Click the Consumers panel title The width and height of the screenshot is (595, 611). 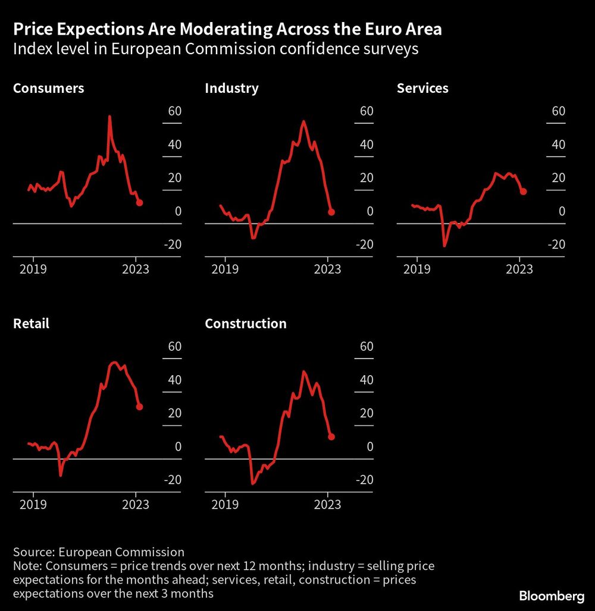pyautogui.click(x=49, y=89)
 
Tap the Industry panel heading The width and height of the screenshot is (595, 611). pyautogui.click(x=231, y=89)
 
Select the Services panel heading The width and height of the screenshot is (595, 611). pyautogui.click(x=422, y=89)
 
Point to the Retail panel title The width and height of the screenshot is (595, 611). pyautogui.click(x=31, y=324)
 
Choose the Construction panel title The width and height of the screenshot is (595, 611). pyautogui.click(x=246, y=324)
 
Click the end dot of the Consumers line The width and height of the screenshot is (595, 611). pyautogui.click(x=139, y=202)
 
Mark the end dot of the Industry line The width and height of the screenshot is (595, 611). pyautogui.click(x=331, y=212)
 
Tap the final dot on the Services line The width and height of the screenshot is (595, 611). pyautogui.click(x=523, y=191)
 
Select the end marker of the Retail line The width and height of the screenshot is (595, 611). pyautogui.click(x=139, y=407)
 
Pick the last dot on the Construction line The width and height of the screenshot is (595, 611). pyautogui.click(x=331, y=437)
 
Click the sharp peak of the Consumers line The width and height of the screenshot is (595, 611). pyautogui.click(x=109, y=117)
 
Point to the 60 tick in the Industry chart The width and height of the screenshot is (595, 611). pyautogui.click(x=367, y=111)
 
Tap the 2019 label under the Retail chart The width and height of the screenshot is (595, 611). pyautogui.click(x=33, y=504)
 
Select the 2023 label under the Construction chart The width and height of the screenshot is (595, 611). pyautogui.click(x=327, y=504)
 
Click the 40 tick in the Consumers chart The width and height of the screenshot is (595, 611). pyautogui.click(x=174, y=145)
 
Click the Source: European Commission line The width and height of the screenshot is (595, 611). pyautogui.click(x=99, y=551)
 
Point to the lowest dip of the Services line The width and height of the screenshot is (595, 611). pyautogui.click(x=444, y=245)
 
